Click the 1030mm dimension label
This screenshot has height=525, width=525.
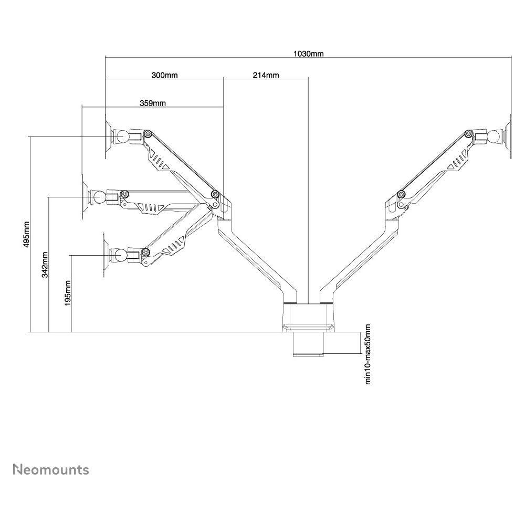(x=309, y=54)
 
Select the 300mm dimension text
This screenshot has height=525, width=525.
(x=164, y=75)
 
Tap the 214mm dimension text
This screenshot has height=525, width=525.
(x=266, y=75)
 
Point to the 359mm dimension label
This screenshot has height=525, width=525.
(x=153, y=103)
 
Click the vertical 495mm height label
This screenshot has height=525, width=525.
(x=27, y=234)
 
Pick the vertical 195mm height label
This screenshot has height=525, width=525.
(x=68, y=293)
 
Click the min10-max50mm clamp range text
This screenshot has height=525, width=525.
(x=368, y=354)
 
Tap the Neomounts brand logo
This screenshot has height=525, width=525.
(x=50, y=469)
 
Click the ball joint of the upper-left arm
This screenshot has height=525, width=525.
(x=122, y=136)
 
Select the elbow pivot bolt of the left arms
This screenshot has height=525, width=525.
(x=215, y=195)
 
